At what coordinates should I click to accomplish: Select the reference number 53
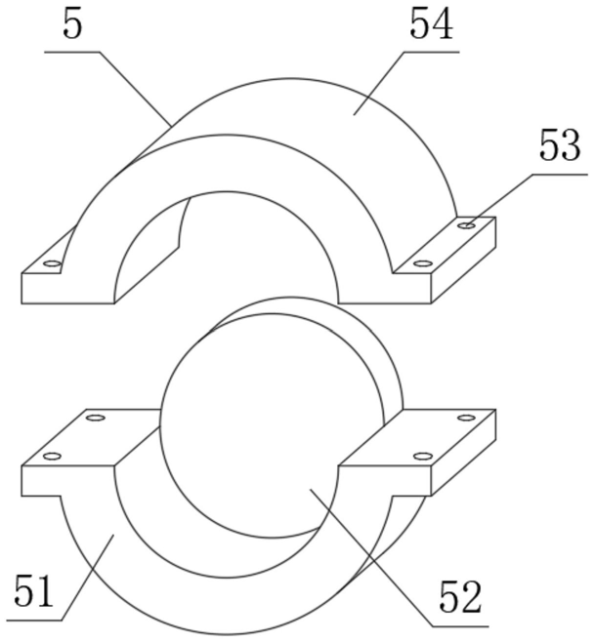(560, 148)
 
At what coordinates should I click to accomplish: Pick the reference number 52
(459, 598)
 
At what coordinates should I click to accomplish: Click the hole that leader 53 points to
(468, 225)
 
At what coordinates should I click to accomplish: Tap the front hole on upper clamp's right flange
(422, 263)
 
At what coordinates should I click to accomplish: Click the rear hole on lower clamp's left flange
(96, 419)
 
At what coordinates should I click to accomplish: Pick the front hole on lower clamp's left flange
(53, 456)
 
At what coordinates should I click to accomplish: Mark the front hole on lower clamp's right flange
(422, 456)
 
